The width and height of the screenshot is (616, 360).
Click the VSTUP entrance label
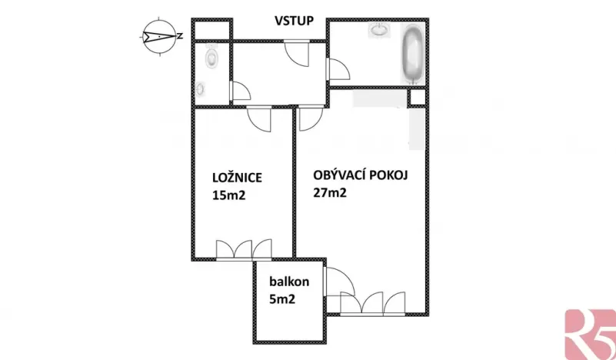click(x=294, y=20)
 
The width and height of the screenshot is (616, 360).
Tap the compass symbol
click(x=158, y=35)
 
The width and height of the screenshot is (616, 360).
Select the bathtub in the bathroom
click(x=412, y=55)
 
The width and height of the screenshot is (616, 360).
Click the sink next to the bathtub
click(x=379, y=31)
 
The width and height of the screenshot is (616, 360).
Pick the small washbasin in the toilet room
click(x=201, y=88)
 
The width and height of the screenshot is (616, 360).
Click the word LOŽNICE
click(x=237, y=178)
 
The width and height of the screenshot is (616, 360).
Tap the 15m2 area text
click(x=229, y=195)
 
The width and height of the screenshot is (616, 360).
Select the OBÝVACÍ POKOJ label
click(x=360, y=174)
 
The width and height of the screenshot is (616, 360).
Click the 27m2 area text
click(x=330, y=193)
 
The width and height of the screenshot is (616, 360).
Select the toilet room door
click(x=240, y=92)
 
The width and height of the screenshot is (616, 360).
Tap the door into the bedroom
click(x=259, y=120)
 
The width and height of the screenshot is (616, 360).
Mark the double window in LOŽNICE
click(x=244, y=250)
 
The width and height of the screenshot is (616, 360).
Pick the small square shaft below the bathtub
click(x=417, y=98)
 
